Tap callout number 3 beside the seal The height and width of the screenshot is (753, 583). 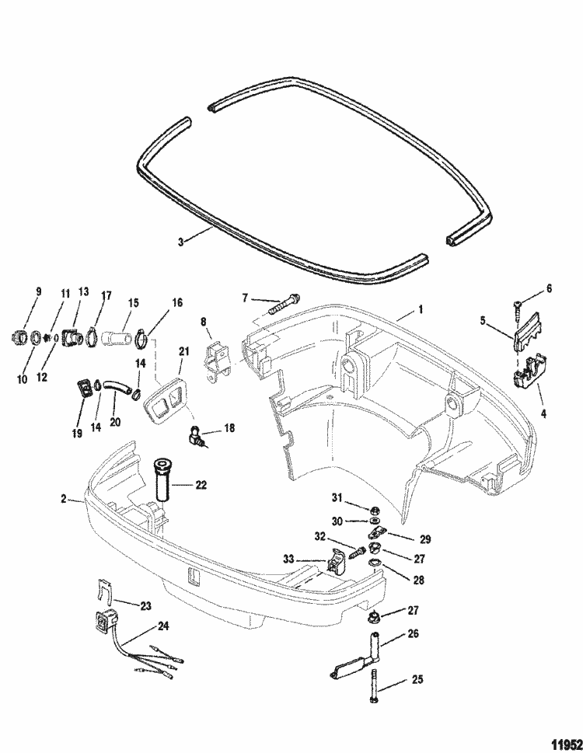[x=181, y=242]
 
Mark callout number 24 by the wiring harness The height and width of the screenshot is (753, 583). [x=162, y=623]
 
